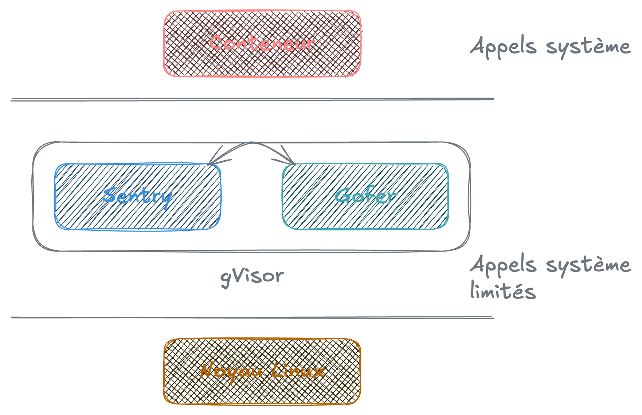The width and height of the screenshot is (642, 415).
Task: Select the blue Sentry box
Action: click(x=137, y=215)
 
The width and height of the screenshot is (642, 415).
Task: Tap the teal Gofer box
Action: click(x=365, y=215)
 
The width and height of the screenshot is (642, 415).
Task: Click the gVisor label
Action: click(x=252, y=277)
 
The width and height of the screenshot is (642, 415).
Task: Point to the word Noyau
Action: click(x=231, y=371)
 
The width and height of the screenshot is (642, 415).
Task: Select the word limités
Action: click(x=503, y=291)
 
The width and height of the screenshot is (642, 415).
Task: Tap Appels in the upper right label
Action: click(x=503, y=47)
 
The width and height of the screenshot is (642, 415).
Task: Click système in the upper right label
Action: click(x=588, y=47)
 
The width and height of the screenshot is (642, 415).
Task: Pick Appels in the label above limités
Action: click(x=503, y=265)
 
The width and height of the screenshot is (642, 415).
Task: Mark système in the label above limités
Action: click(x=588, y=265)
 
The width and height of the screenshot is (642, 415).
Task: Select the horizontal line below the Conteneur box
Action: click(x=252, y=99)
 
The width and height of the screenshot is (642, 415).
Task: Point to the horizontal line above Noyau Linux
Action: click(x=252, y=317)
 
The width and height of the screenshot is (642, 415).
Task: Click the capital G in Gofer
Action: click(x=342, y=195)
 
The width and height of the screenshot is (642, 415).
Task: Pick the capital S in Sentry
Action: click(x=110, y=195)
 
